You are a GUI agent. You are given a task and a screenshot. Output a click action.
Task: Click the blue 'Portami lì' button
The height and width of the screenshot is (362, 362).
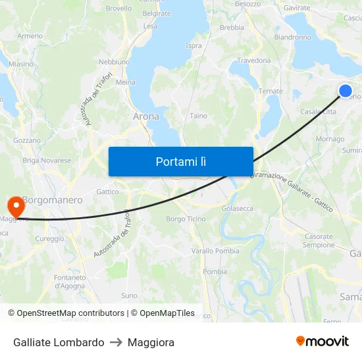[180, 161]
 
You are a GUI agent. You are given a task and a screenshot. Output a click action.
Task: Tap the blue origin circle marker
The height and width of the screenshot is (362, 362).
[346, 91]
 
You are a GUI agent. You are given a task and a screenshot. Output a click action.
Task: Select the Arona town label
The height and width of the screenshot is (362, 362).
[146, 116]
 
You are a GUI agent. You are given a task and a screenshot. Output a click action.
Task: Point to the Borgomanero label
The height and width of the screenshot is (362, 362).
[53, 199]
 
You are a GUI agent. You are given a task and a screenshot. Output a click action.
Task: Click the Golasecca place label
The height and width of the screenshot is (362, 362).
[238, 208]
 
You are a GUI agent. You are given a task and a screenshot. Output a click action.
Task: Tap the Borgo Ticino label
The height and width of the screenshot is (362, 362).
[186, 219]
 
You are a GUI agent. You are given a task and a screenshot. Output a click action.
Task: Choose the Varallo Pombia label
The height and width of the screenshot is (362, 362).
[215, 251]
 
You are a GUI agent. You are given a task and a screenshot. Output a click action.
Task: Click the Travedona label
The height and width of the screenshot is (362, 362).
[253, 61]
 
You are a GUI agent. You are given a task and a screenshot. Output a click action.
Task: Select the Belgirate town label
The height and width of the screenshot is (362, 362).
[157, 13]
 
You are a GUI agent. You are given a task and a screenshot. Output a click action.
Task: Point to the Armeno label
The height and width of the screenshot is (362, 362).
[30, 36]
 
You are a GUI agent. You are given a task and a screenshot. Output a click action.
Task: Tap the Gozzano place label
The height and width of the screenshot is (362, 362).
[27, 140]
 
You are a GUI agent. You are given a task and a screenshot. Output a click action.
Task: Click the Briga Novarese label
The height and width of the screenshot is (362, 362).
[47, 161]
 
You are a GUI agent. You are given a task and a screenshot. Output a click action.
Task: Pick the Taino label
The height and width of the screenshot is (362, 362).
[198, 116]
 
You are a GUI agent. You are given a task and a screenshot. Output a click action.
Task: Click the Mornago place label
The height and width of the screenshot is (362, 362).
[330, 139]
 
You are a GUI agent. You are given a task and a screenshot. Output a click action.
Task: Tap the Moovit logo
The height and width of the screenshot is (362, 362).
[323, 342]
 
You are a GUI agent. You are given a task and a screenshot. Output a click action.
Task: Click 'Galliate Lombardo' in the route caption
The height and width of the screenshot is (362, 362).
[59, 342]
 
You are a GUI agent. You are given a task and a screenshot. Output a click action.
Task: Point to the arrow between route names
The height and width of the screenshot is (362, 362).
[116, 342]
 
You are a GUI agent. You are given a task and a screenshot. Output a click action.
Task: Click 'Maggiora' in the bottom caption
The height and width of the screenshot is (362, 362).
[151, 342]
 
